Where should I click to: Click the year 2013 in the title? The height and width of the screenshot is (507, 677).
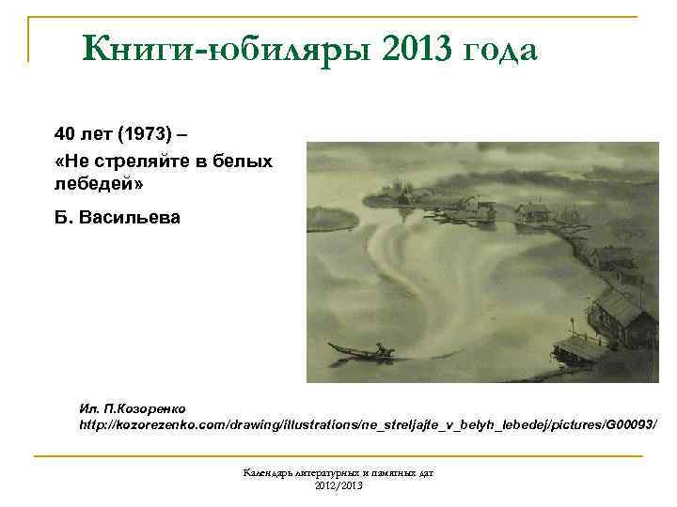[416, 47]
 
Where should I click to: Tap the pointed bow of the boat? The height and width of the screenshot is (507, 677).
[330, 345]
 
